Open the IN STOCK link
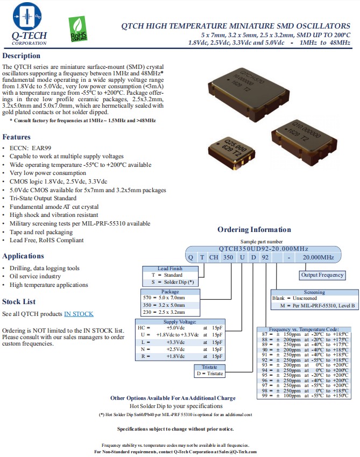tap(79, 314)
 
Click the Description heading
tap(21, 56)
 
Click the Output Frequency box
tap(322, 275)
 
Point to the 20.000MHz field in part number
tap(319, 258)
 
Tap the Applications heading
tap(23, 256)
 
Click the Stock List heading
tap(19, 301)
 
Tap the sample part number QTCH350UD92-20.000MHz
tap(264, 248)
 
